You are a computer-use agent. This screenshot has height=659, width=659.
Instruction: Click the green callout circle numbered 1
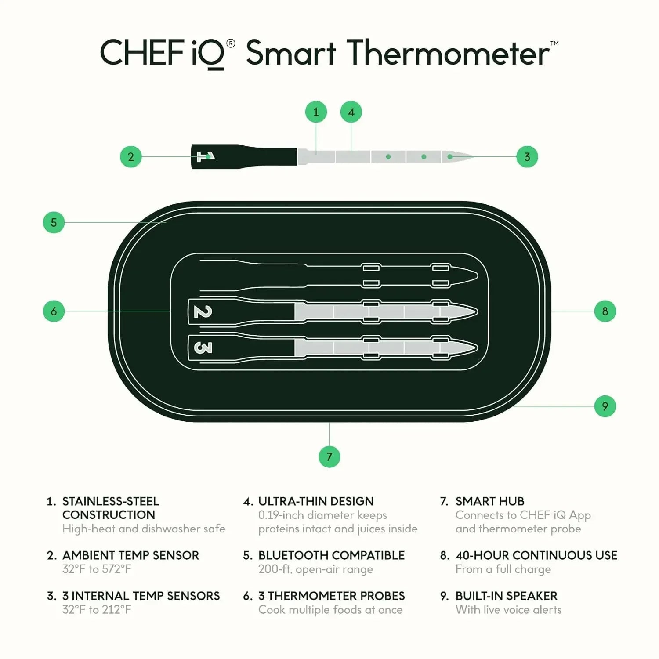316,112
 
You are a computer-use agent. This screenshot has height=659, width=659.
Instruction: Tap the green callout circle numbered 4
351,112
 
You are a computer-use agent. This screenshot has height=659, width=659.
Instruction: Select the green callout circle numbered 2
130,157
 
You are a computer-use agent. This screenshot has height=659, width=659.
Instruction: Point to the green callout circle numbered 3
527,157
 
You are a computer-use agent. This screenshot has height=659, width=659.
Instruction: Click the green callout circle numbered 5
54,222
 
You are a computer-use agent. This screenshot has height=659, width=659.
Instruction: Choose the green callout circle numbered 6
54,311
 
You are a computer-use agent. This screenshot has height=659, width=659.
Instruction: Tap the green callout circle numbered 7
329,456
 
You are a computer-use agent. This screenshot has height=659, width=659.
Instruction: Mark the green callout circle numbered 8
605,311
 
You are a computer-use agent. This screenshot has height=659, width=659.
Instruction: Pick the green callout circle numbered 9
605,406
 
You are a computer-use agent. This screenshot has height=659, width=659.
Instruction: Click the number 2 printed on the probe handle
203,312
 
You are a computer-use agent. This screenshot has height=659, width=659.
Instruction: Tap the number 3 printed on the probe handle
203,348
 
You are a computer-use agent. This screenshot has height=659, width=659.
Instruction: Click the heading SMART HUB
489,501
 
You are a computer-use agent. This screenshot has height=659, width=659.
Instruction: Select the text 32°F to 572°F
97,569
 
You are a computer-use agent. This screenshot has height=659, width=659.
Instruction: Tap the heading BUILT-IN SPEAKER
506,596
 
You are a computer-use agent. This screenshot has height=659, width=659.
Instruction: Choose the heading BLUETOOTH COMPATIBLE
331,555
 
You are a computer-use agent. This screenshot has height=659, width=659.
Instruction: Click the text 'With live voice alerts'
508,610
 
